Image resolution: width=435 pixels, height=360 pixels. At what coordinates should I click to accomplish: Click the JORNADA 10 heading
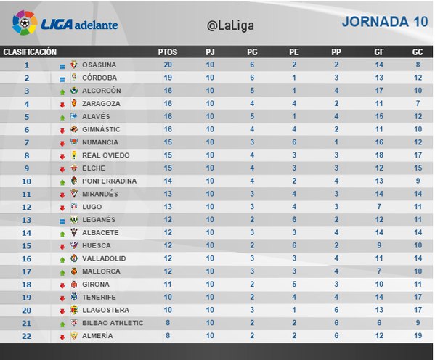[385, 22]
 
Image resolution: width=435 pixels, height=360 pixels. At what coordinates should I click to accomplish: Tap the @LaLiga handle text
[230, 25]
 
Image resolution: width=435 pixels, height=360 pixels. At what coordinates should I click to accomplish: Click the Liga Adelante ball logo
[25, 22]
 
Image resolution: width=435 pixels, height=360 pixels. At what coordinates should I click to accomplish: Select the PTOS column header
[168, 52]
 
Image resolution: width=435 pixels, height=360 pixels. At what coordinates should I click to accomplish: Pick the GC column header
[418, 52]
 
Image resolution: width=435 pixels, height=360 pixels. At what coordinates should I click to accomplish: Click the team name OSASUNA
[99, 65]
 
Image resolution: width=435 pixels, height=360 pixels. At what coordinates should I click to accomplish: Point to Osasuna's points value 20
[168, 65]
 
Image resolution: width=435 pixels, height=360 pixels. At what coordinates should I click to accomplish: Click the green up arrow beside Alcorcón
[62, 92]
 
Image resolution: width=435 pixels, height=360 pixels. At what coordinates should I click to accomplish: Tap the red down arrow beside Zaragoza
[62, 105]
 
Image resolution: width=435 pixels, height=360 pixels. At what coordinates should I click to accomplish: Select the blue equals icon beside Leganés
[62, 221]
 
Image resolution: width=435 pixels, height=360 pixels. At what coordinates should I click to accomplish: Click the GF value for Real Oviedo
[379, 155]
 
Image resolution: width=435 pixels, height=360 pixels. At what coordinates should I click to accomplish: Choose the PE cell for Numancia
[294, 142]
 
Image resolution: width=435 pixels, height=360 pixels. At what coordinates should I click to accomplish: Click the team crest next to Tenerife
[74, 296]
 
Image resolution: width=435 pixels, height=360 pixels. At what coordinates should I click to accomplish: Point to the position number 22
[26, 336]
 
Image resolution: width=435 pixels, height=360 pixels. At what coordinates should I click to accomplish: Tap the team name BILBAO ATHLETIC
[113, 323]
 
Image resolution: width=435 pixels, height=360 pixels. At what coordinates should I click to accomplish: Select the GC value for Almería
[418, 336]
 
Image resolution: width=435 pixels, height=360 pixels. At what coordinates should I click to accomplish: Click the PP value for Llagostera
[336, 310]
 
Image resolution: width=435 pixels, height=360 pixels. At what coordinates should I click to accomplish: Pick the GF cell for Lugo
[379, 207]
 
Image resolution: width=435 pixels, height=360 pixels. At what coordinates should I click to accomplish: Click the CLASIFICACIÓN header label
[30, 52]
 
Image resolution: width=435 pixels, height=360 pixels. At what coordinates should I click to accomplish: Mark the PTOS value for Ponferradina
[168, 181]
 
